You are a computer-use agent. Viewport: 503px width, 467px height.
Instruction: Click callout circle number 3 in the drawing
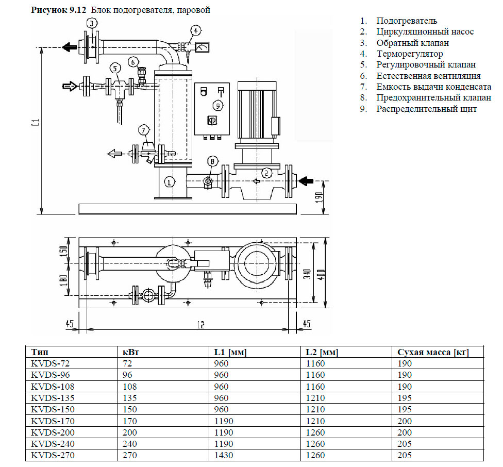(x=92, y=24)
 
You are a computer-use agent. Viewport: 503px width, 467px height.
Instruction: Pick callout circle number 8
(x=211, y=162)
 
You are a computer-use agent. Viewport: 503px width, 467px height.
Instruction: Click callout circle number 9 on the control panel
(x=218, y=105)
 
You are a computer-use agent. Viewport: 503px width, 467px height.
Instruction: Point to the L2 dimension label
(x=201, y=324)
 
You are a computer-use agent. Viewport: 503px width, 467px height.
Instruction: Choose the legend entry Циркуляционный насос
(x=425, y=32)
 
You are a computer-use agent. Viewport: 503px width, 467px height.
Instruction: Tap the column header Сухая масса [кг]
(x=433, y=353)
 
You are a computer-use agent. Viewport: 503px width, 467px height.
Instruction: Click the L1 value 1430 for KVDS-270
(x=223, y=456)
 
